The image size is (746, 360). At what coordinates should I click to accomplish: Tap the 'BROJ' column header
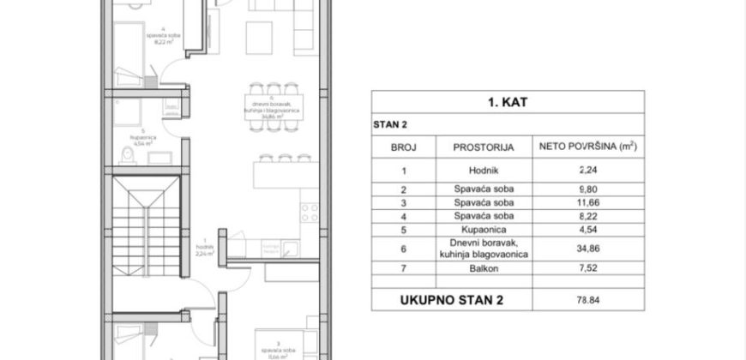(x=403, y=147)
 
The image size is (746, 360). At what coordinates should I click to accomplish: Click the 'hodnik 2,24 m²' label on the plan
(x=203, y=249)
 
